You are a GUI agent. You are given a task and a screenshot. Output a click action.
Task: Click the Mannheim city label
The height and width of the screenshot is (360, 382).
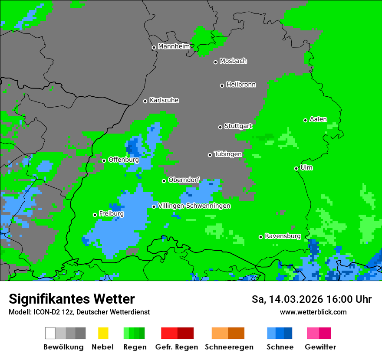pos(174,46)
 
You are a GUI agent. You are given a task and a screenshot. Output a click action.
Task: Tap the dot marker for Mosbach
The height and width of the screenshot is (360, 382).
pos(215,62)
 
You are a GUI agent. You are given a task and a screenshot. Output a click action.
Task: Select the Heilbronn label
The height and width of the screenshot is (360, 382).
pos(241,85)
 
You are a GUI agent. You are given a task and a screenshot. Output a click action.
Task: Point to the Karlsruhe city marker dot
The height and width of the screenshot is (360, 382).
pos(145,101)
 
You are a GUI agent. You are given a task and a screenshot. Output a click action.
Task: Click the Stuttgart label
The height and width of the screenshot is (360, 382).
pos(238,126)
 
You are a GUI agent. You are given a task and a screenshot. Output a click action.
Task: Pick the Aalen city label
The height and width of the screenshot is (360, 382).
pos(318,119)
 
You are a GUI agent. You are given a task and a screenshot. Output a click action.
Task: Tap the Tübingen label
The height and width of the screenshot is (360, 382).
pos(228,154)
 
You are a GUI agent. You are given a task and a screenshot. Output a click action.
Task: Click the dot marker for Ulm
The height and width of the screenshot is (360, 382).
pos(296,168)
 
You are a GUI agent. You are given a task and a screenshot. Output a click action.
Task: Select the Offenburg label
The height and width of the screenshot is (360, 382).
pos(123,160)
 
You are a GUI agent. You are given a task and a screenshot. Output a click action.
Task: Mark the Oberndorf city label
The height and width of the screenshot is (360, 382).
pos(184,180)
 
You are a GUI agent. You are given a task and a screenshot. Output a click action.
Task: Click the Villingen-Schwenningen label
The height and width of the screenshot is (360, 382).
pos(194,206)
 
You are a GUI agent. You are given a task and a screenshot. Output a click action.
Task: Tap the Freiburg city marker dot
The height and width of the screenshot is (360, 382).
pos(95,215)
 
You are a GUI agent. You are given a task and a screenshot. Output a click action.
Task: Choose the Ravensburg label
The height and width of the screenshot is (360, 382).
pos(283,236)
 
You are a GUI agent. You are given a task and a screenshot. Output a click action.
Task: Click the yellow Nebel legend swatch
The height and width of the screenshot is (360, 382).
pos(103,333)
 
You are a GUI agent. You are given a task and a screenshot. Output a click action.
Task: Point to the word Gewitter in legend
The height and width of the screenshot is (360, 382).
pos(320,347)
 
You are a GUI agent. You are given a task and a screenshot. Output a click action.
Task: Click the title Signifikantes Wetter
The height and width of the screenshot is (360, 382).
pos(72,299)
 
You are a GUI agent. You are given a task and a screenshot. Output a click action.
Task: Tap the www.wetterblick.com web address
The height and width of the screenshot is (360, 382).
pos(313,312)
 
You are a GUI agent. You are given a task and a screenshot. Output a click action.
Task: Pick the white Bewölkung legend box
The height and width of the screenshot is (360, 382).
pos(50,333)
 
